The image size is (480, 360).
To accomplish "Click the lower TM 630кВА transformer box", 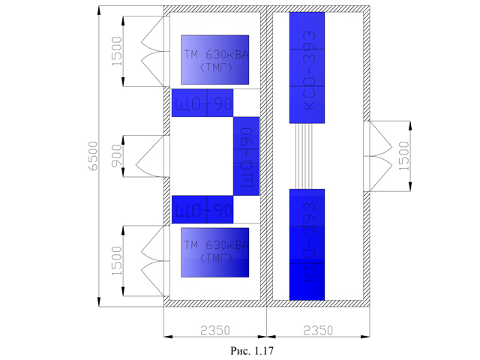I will pyautogui.click(x=214, y=253).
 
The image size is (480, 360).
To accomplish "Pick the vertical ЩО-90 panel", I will pyautogui.click(x=246, y=155).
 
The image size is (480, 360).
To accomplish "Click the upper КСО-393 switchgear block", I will pyautogui.click(x=307, y=67).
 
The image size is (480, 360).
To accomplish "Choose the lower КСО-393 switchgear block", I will pyautogui.click(x=307, y=244).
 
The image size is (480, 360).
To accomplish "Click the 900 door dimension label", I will pyautogui.click(x=114, y=155).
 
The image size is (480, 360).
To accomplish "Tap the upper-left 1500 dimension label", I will pyautogui.click(x=114, y=50).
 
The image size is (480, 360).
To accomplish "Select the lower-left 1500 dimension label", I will pyautogui.click(x=114, y=259).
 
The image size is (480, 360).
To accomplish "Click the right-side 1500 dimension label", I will pyautogui.click(x=405, y=155).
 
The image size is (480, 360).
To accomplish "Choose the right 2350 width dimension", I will pyautogui.click(x=317, y=328).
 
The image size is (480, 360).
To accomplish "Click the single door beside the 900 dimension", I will pyautogui.click(x=147, y=156).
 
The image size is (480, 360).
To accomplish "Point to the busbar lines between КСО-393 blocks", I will pyautogui.click(x=307, y=156).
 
